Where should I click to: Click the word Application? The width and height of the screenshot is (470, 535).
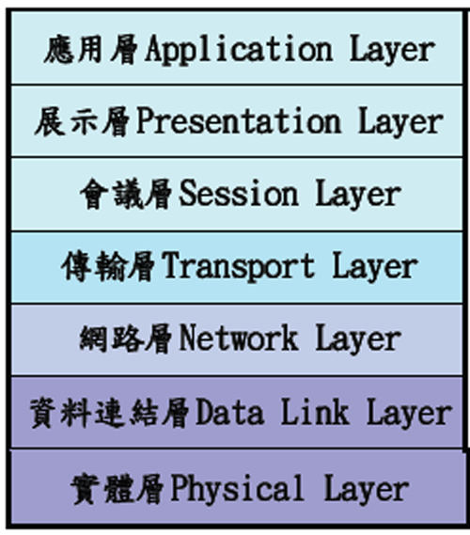click(x=239, y=50)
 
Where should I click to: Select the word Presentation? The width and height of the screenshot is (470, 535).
click(x=239, y=121)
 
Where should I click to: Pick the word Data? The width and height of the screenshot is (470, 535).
click(x=230, y=413)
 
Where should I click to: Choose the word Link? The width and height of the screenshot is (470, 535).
click(x=315, y=412)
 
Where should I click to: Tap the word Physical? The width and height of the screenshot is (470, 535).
click(x=237, y=489)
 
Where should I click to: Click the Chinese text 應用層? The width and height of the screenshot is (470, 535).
click(x=91, y=50)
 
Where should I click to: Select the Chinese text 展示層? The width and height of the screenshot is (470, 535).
click(x=83, y=122)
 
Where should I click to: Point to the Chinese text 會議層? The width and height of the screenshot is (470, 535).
click(x=126, y=194)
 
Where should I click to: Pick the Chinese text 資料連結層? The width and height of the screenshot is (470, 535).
click(x=109, y=413)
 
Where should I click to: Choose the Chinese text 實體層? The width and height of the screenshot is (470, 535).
click(x=117, y=489)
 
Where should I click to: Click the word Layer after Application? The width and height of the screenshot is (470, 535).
click(x=392, y=51)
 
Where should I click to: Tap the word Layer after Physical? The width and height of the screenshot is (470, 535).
click(x=367, y=490)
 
